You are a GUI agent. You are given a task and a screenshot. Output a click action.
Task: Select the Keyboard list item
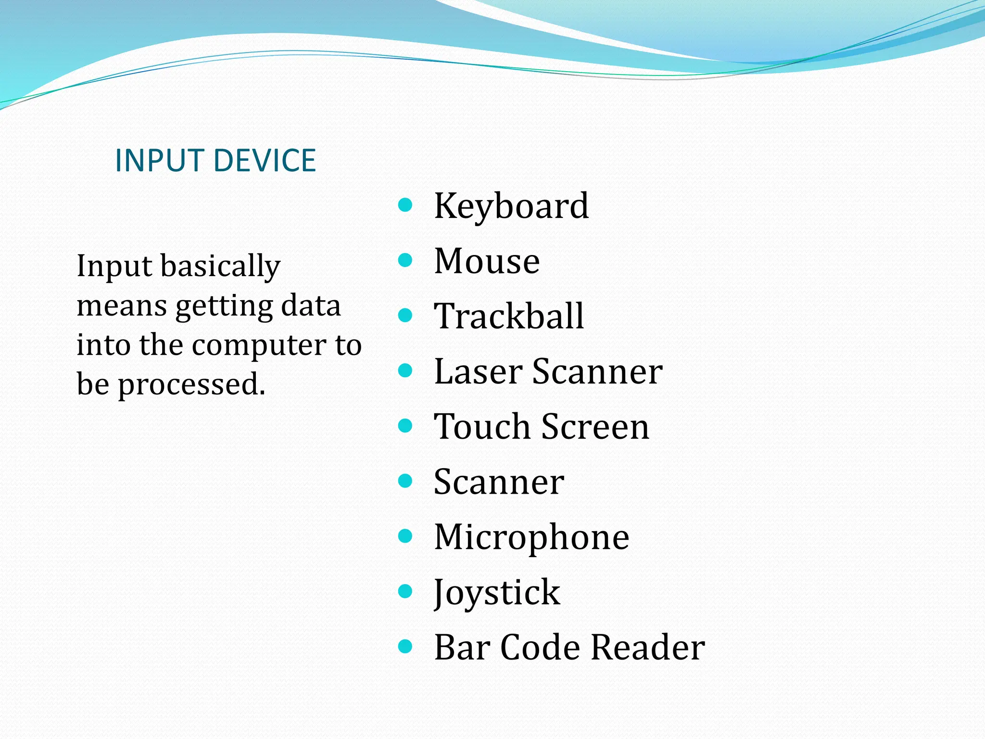[x=511, y=206]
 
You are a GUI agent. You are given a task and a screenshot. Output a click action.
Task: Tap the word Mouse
[x=487, y=261]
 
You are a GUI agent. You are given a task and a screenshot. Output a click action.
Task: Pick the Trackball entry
[x=509, y=316]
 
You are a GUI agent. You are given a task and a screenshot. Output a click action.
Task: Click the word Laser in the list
[x=478, y=371]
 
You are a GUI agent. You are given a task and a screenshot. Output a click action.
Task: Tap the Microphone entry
[x=531, y=537]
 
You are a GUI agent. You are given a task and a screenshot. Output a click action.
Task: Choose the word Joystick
[x=497, y=593]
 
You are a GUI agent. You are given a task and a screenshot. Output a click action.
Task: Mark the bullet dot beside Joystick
[x=405, y=591]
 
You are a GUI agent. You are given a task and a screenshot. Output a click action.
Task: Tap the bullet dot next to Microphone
[x=405, y=536]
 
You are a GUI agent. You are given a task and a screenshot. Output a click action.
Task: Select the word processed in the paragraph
[x=191, y=385]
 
